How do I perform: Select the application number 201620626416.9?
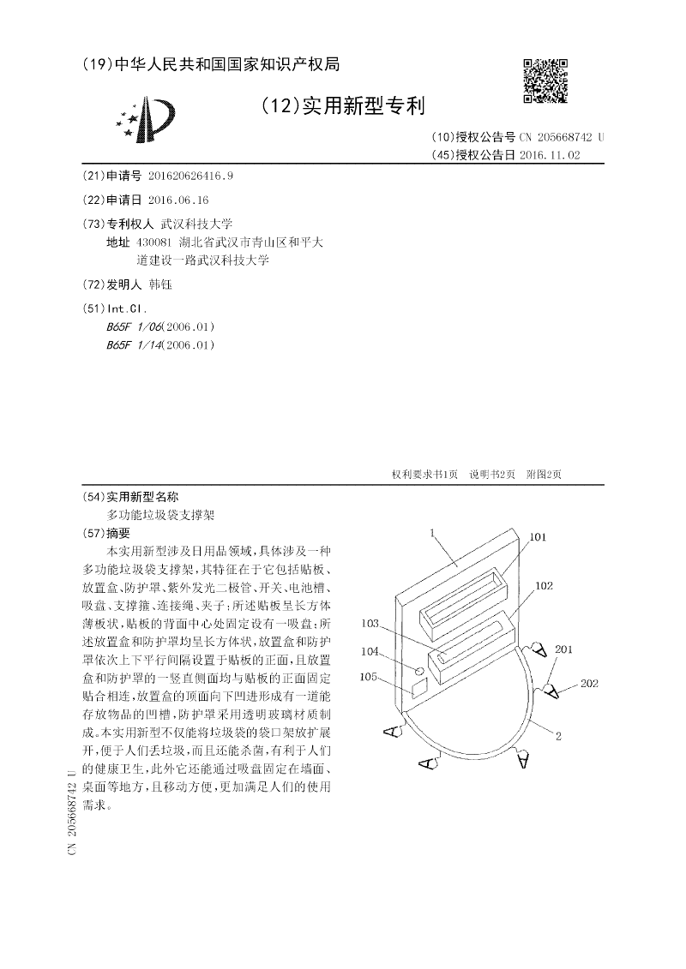click(x=190, y=176)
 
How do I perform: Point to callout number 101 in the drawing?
click(x=538, y=538)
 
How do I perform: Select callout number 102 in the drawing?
click(x=544, y=587)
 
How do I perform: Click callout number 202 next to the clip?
click(x=588, y=683)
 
